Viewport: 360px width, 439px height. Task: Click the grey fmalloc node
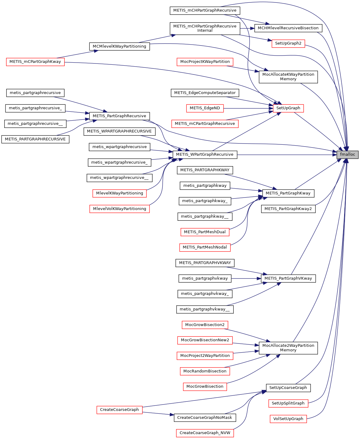(x=347, y=154)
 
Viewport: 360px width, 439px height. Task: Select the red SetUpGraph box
(x=288, y=108)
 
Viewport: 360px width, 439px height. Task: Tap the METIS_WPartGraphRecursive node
(x=205, y=154)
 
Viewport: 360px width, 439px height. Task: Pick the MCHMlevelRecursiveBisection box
(x=288, y=28)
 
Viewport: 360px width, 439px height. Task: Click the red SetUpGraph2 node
(x=288, y=43)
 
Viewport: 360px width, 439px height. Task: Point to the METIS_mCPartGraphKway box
(x=35, y=62)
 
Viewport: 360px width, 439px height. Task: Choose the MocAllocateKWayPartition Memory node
(x=288, y=77)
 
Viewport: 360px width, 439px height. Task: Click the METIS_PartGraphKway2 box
(x=288, y=209)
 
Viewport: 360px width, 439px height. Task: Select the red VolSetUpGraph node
(x=288, y=419)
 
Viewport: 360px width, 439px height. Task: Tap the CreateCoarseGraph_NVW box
(x=205, y=433)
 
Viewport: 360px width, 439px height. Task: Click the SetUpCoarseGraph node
(x=288, y=388)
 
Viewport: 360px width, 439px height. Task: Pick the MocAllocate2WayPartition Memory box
(x=288, y=348)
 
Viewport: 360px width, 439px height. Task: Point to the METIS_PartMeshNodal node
(x=205, y=247)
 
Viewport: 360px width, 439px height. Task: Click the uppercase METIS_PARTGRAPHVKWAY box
(x=205, y=263)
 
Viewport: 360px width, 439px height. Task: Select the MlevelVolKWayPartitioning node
(x=119, y=209)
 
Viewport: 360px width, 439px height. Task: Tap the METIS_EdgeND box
(x=205, y=108)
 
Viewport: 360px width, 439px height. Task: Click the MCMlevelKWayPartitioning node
(x=119, y=46)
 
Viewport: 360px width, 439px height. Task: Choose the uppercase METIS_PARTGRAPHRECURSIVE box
(x=35, y=139)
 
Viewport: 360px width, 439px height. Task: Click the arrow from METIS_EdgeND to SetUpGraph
(x=247, y=108)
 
